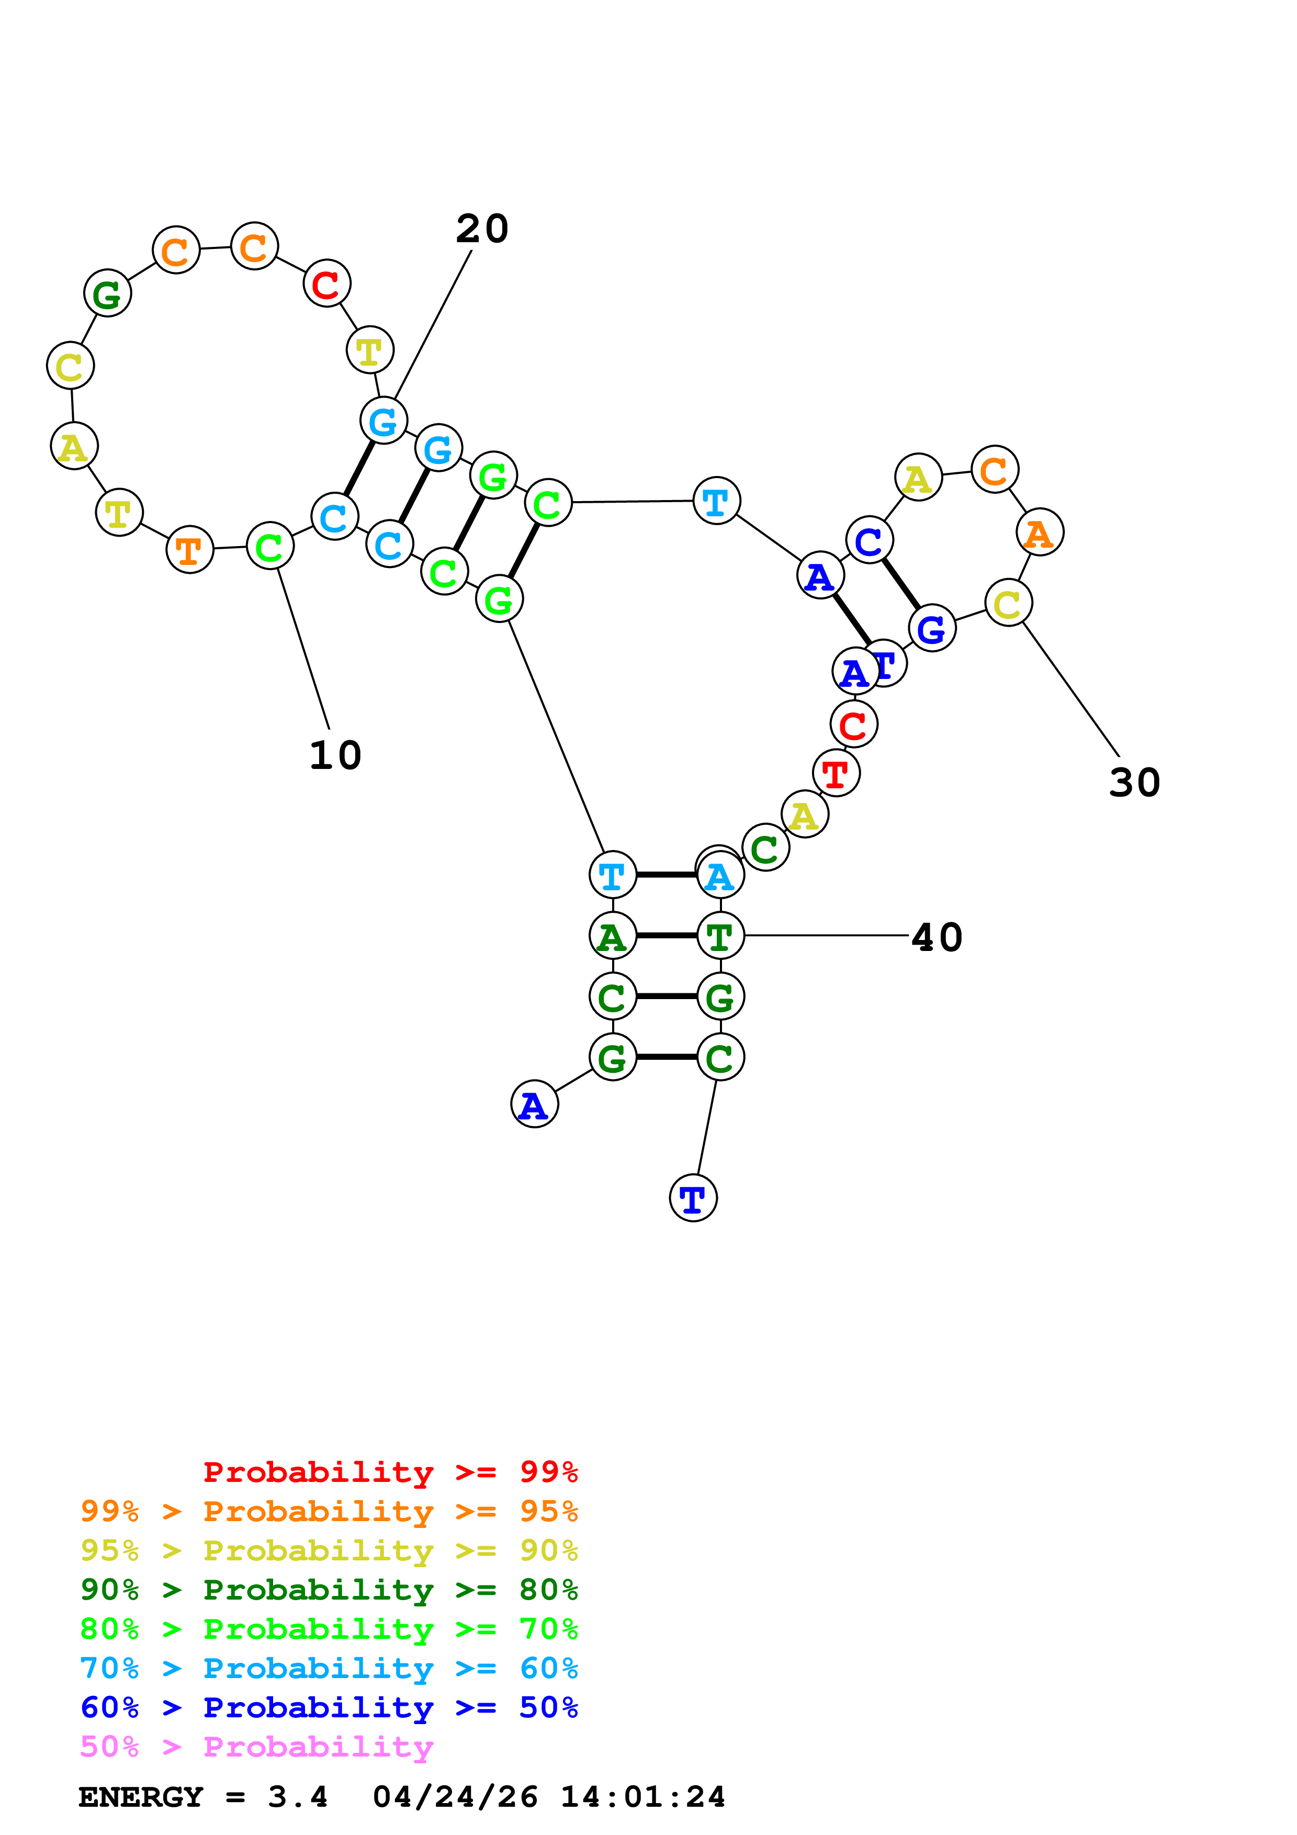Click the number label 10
pyautogui.click(x=335, y=755)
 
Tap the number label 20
pyautogui.click(x=482, y=229)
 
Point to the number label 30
pyautogui.click(x=1134, y=783)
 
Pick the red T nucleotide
pyautogui.click(x=836, y=774)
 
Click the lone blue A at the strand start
pyautogui.click(x=534, y=1105)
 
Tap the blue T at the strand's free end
pyautogui.click(x=693, y=1198)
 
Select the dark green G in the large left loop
pyautogui.click(x=107, y=293)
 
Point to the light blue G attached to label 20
pyautogui.click(x=384, y=421)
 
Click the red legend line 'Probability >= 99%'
pyautogui.click(x=390, y=1472)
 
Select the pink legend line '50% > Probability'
pyautogui.click(x=256, y=1747)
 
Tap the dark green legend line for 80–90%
pyautogui.click(x=329, y=1590)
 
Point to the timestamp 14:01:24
pyautogui.click(x=642, y=1797)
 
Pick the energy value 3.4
pyautogui.click(x=297, y=1797)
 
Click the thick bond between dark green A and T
pyautogui.click(x=667, y=935)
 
